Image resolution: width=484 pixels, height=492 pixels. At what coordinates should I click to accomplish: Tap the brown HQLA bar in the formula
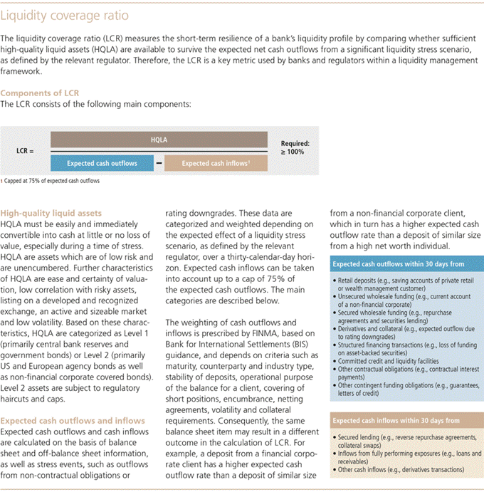coord(159,140)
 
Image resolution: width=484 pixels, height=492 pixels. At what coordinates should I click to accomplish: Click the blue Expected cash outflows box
coord(102,163)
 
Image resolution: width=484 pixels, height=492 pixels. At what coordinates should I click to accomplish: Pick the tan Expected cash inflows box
coord(216,163)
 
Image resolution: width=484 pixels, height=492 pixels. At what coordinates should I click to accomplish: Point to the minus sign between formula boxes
coord(159,163)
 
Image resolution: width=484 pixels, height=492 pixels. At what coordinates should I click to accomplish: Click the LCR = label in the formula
coord(25,152)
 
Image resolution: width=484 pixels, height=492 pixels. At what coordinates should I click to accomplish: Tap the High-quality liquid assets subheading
coord(51,213)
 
